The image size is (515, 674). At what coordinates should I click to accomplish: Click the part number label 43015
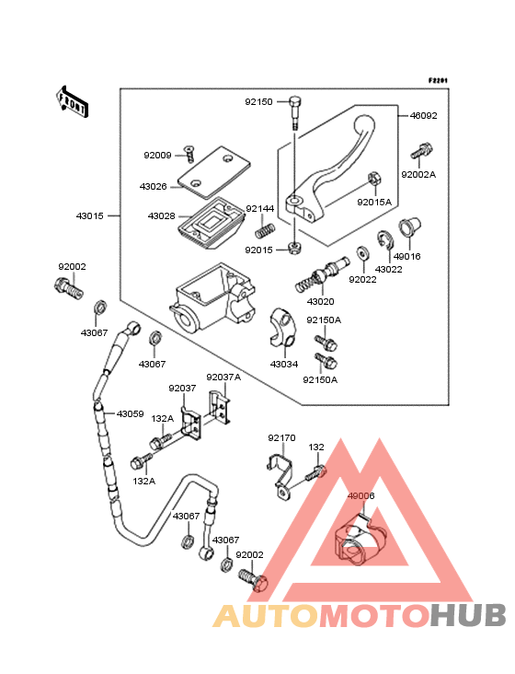90,215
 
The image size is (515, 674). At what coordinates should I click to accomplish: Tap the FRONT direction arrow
72,102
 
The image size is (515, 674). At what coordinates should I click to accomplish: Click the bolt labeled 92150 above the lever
295,112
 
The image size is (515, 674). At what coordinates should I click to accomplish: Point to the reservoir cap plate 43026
214,172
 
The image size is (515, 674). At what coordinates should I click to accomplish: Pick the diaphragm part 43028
211,222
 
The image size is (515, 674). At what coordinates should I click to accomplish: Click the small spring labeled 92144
265,230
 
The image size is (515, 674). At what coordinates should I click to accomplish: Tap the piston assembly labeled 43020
322,274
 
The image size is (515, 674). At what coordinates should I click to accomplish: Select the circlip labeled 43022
385,240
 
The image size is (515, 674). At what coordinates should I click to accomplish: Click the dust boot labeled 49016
409,227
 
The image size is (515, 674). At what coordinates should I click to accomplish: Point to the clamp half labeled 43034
282,329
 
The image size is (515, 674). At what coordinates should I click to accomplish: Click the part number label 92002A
418,175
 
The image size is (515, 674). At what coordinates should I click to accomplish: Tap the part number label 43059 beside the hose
130,414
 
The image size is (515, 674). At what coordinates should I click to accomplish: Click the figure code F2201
438,80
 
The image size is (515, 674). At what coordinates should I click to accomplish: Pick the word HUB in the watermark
468,616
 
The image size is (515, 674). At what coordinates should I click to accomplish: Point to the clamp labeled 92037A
220,407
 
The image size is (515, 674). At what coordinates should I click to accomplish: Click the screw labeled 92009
189,155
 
